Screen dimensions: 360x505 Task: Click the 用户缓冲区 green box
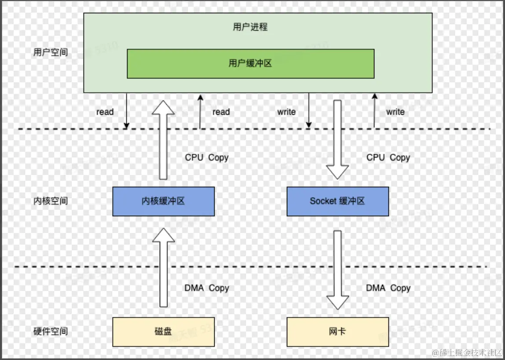(x=250, y=64)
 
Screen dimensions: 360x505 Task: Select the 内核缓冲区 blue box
(x=163, y=201)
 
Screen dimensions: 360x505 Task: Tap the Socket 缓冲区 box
(x=337, y=201)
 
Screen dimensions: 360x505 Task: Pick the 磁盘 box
(x=163, y=331)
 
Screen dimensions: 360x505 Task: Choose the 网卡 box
(x=337, y=331)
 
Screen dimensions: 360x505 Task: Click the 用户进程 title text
(x=250, y=27)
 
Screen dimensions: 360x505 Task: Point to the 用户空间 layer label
(x=51, y=52)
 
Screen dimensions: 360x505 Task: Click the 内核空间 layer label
(x=51, y=201)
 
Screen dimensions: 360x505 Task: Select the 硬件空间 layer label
(x=51, y=331)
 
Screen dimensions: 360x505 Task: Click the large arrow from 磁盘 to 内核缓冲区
(x=163, y=268)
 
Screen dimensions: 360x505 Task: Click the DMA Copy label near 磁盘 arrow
(x=207, y=288)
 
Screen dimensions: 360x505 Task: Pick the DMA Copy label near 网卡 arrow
(x=388, y=288)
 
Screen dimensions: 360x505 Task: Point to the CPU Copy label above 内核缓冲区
(x=207, y=157)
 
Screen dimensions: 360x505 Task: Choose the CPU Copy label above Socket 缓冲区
(x=388, y=157)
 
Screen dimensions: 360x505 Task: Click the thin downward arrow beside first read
(x=126, y=111)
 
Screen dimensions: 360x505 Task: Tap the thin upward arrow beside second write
(x=374, y=111)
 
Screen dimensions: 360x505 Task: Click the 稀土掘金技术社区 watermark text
(x=467, y=353)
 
